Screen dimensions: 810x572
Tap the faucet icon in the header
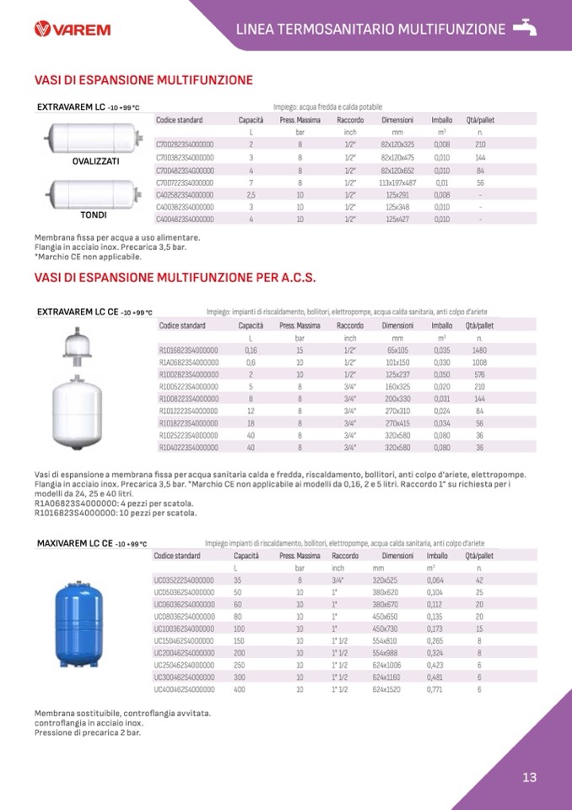pyautogui.click(x=525, y=28)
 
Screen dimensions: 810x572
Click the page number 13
pyautogui.click(x=529, y=778)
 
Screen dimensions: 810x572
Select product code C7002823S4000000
pyautogui.click(x=186, y=144)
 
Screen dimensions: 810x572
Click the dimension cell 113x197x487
pyautogui.click(x=397, y=182)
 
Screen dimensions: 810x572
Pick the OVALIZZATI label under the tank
pyautogui.click(x=96, y=160)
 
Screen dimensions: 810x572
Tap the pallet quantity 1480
pyautogui.click(x=480, y=350)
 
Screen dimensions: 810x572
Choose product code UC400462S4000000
pyautogui.click(x=184, y=689)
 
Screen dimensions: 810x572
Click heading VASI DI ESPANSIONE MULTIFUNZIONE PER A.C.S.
pyautogui.click(x=175, y=277)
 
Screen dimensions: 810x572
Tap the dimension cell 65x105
pyautogui.click(x=397, y=350)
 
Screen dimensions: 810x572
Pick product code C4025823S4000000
pyautogui.click(x=186, y=194)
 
